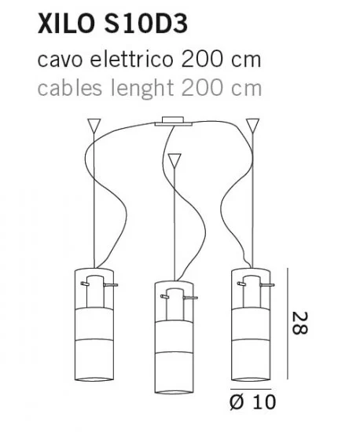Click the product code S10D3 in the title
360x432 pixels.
[x=146, y=24]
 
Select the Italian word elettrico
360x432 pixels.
[x=131, y=60]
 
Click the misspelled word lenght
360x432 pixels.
[x=141, y=88]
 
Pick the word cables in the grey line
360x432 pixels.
[x=70, y=88]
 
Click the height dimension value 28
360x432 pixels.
[x=299, y=323]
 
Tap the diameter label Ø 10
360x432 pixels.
[x=252, y=401]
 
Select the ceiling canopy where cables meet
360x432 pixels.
[x=173, y=122]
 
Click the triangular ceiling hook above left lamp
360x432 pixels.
[x=94, y=125]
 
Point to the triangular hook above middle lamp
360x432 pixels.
[x=174, y=161]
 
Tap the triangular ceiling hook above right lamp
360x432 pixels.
[x=252, y=125]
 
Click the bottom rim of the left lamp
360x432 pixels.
[x=94, y=379]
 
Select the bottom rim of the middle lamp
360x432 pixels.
[x=174, y=391]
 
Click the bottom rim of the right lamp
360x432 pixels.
[x=251, y=379]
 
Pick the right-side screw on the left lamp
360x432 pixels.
[x=111, y=284]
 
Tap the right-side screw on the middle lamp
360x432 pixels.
[x=190, y=298]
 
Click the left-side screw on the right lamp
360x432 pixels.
[x=241, y=284]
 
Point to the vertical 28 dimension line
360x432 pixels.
[x=288, y=324]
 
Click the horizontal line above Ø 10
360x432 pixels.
[x=251, y=389]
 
